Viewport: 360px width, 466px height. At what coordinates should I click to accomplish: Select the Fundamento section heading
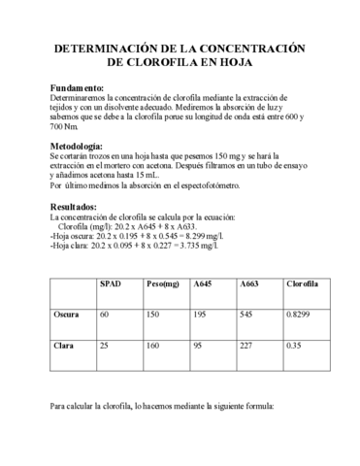coord(77,87)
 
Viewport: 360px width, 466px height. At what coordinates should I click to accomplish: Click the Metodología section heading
coord(81,144)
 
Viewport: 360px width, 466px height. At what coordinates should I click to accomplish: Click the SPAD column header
coord(111,283)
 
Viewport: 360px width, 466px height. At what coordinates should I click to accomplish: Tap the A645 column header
coord(204,283)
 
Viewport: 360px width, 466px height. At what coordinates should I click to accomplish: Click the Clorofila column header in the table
coord(303,283)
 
